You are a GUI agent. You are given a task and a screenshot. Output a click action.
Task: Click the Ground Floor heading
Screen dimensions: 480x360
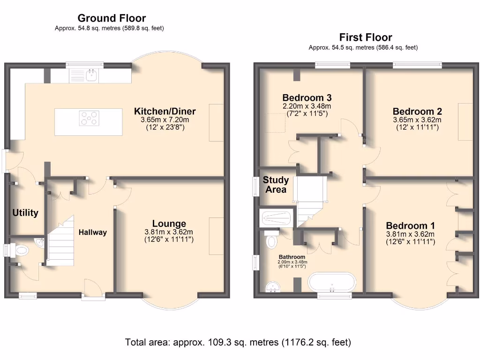click(112, 18)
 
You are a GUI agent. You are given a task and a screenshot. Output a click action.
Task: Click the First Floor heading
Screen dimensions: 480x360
click(366, 37)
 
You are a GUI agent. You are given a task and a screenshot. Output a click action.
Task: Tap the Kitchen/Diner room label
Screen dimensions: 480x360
click(165, 111)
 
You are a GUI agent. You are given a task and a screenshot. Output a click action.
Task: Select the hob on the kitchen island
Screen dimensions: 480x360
click(89, 118)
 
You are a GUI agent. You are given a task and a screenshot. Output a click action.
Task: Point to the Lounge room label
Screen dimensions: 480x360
click(169, 224)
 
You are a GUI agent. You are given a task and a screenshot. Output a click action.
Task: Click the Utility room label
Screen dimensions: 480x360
click(25, 212)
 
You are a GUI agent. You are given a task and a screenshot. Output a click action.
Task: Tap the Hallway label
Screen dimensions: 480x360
click(93, 232)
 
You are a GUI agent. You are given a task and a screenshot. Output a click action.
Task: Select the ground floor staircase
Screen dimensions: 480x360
click(61, 240)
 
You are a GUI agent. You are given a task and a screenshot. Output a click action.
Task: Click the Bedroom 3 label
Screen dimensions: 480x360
click(307, 97)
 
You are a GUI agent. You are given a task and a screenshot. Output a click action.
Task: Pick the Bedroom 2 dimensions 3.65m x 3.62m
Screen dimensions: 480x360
click(417, 120)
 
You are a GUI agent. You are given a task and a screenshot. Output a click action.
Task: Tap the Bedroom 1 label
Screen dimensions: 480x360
click(410, 225)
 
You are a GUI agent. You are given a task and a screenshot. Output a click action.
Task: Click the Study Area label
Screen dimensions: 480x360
click(276, 185)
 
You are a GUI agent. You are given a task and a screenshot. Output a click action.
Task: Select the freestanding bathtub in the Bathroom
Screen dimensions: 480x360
click(332, 281)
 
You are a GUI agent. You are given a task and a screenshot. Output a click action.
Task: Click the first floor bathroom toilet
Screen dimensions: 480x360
click(271, 239)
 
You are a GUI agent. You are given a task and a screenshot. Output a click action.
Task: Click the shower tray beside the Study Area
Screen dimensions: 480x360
click(277, 218)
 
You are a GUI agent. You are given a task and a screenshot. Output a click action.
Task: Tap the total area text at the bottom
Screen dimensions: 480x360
click(238, 342)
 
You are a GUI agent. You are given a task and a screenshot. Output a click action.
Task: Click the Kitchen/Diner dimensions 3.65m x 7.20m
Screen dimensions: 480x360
click(165, 120)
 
